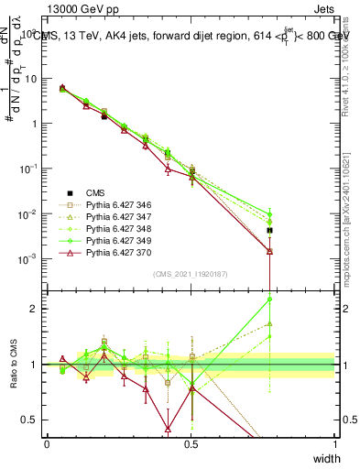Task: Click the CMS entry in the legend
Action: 95,192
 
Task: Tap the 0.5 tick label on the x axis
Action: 191,444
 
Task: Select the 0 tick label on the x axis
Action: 47,444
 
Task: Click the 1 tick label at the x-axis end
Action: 334,444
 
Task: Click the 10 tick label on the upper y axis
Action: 31,78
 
